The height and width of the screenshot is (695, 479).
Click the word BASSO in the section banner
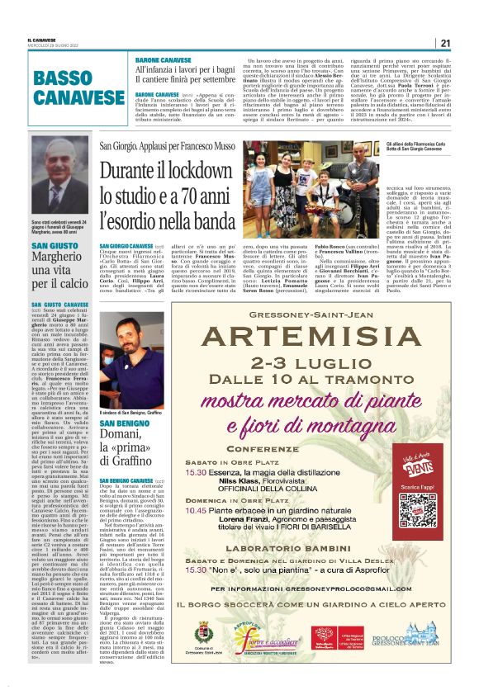(x=63, y=78)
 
